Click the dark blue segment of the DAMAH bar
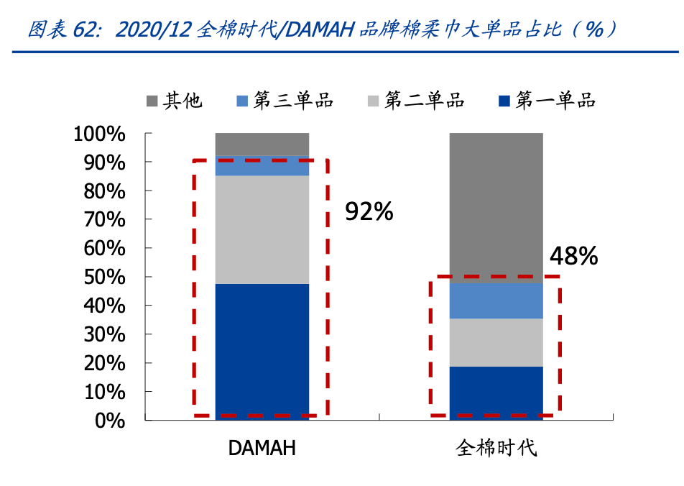[262, 352]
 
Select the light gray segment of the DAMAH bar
[262, 229]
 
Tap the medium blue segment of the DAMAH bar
[262, 166]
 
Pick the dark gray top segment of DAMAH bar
[262, 144]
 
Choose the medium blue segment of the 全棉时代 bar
[496, 301]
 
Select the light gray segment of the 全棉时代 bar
[496, 342]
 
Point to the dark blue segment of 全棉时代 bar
[496, 393]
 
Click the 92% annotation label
[369, 211]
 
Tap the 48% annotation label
[573, 257]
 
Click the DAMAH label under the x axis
[262, 449]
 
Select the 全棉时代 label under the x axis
[496, 449]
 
